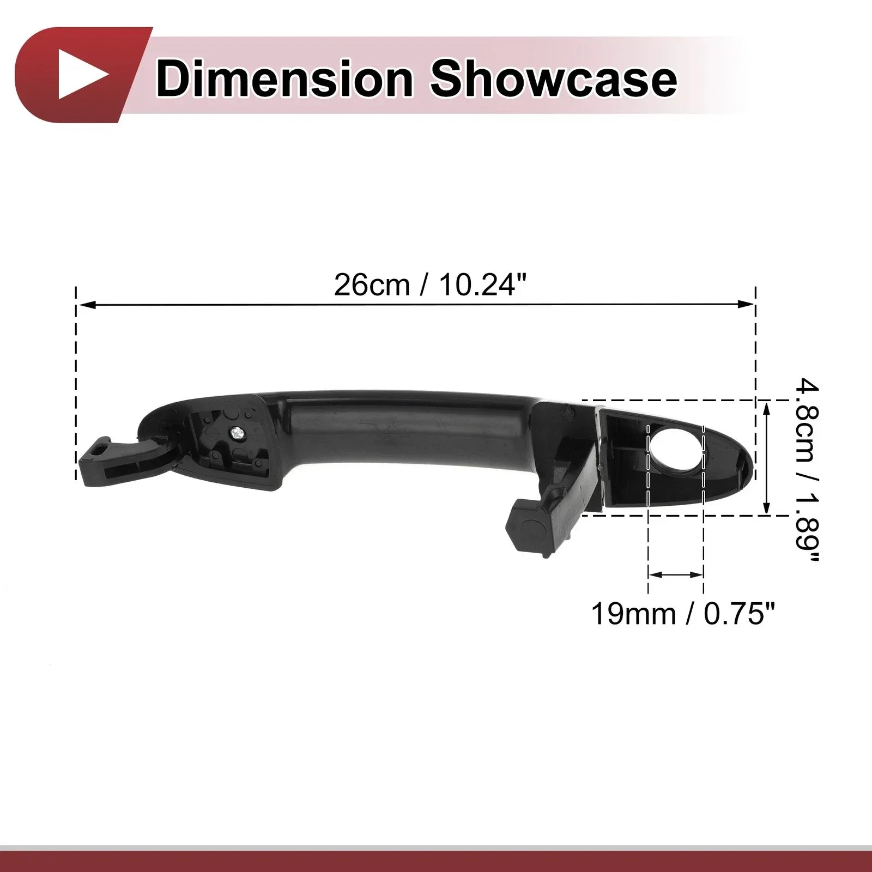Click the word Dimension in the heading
click(x=284, y=80)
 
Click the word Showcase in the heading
click(x=553, y=80)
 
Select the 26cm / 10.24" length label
click(x=431, y=284)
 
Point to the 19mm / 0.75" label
click(x=682, y=614)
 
